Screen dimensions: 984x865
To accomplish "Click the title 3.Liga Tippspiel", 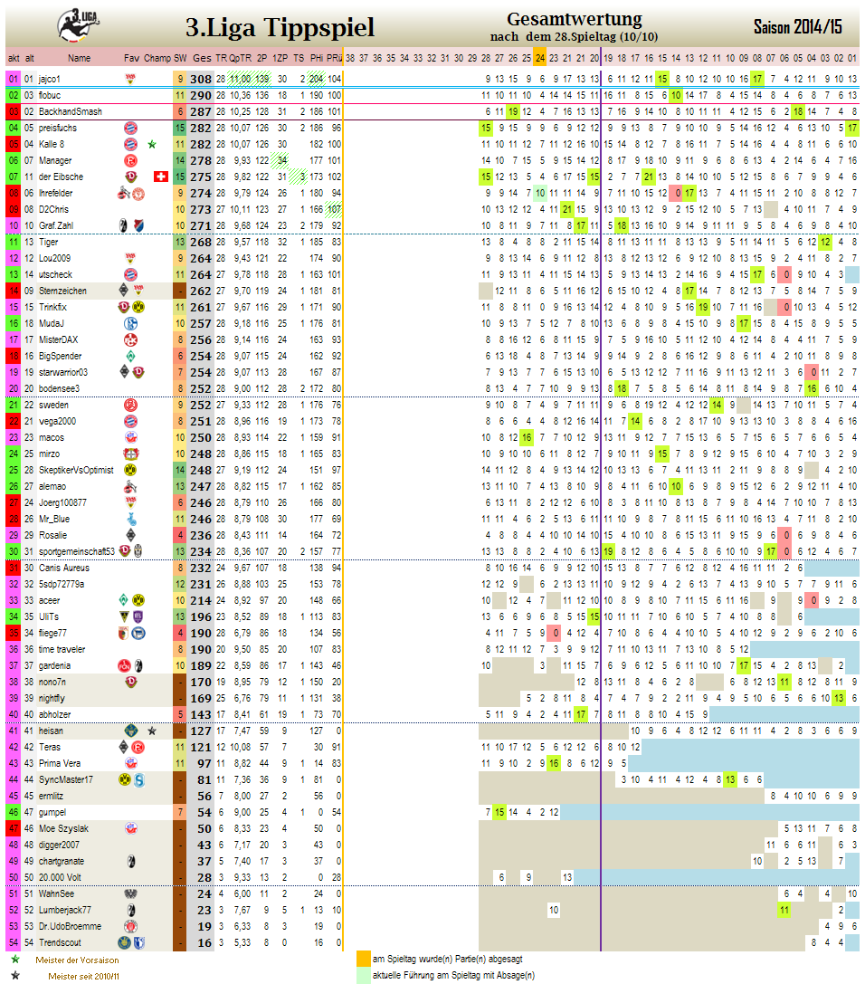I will tap(280, 28).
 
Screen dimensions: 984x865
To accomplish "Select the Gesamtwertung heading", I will tap(575, 19).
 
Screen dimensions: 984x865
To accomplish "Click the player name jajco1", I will tap(50, 79).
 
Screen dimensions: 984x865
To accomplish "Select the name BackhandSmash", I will tap(70, 111).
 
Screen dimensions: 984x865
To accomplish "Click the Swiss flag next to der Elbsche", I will tap(162, 177).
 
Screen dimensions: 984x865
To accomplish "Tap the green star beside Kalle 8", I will tap(152, 144).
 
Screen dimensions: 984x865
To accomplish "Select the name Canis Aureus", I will tap(62, 568).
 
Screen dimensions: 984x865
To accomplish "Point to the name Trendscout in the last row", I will tap(59, 942).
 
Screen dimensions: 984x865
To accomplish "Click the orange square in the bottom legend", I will tap(363, 958).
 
